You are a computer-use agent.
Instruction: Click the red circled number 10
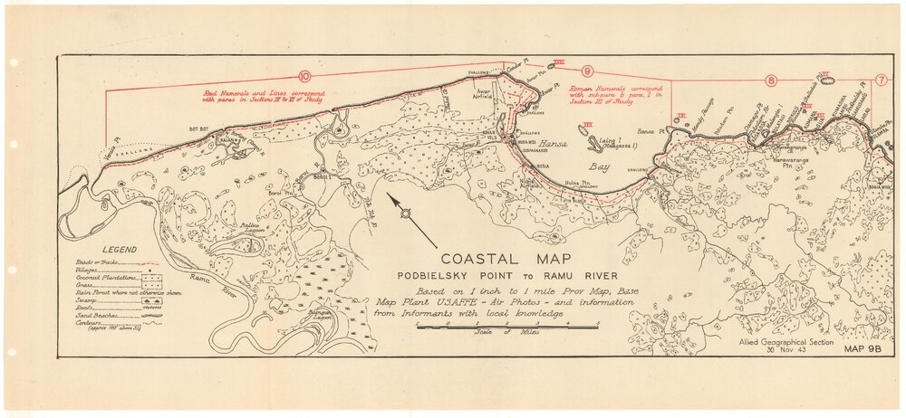pyautogui.click(x=304, y=77)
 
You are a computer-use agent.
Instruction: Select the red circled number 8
pyautogui.click(x=771, y=81)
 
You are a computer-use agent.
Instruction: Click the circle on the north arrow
pyautogui.click(x=405, y=214)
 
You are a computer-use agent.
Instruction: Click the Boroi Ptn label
pyautogui.click(x=282, y=192)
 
